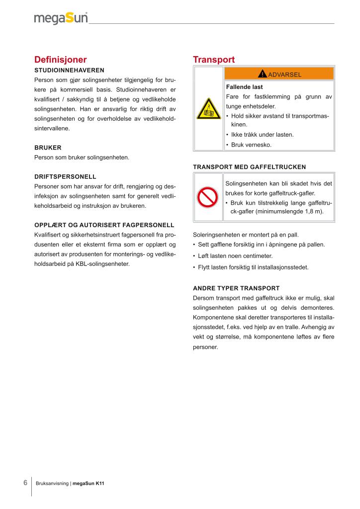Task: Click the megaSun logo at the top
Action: pyautogui.click(x=61, y=18)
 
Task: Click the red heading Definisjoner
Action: pyautogui.click(x=60, y=60)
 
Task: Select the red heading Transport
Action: pyautogui.click(x=214, y=60)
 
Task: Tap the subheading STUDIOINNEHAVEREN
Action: pyautogui.click(x=69, y=70)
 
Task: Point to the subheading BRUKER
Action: pyautogui.click(x=48, y=148)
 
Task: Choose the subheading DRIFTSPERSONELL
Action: pyautogui.click(x=65, y=176)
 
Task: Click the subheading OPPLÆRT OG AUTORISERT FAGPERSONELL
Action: pyautogui.click(x=104, y=225)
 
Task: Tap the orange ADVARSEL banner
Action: pyautogui.click(x=279, y=74)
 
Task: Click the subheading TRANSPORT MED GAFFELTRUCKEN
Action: pyautogui.click(x=249, y=167)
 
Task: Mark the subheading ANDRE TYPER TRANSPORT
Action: pyautogui.click(x=236, y=288)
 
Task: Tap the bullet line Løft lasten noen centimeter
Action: pyautogui.click(x=235, y=255)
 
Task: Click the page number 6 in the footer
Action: pyautogui.click(x=25, y=483)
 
